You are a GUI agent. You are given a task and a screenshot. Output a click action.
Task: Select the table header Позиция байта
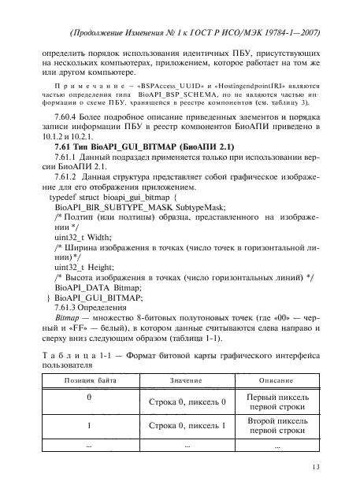coord(88,379)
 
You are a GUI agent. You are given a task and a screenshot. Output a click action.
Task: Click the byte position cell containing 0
coord(89,397)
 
